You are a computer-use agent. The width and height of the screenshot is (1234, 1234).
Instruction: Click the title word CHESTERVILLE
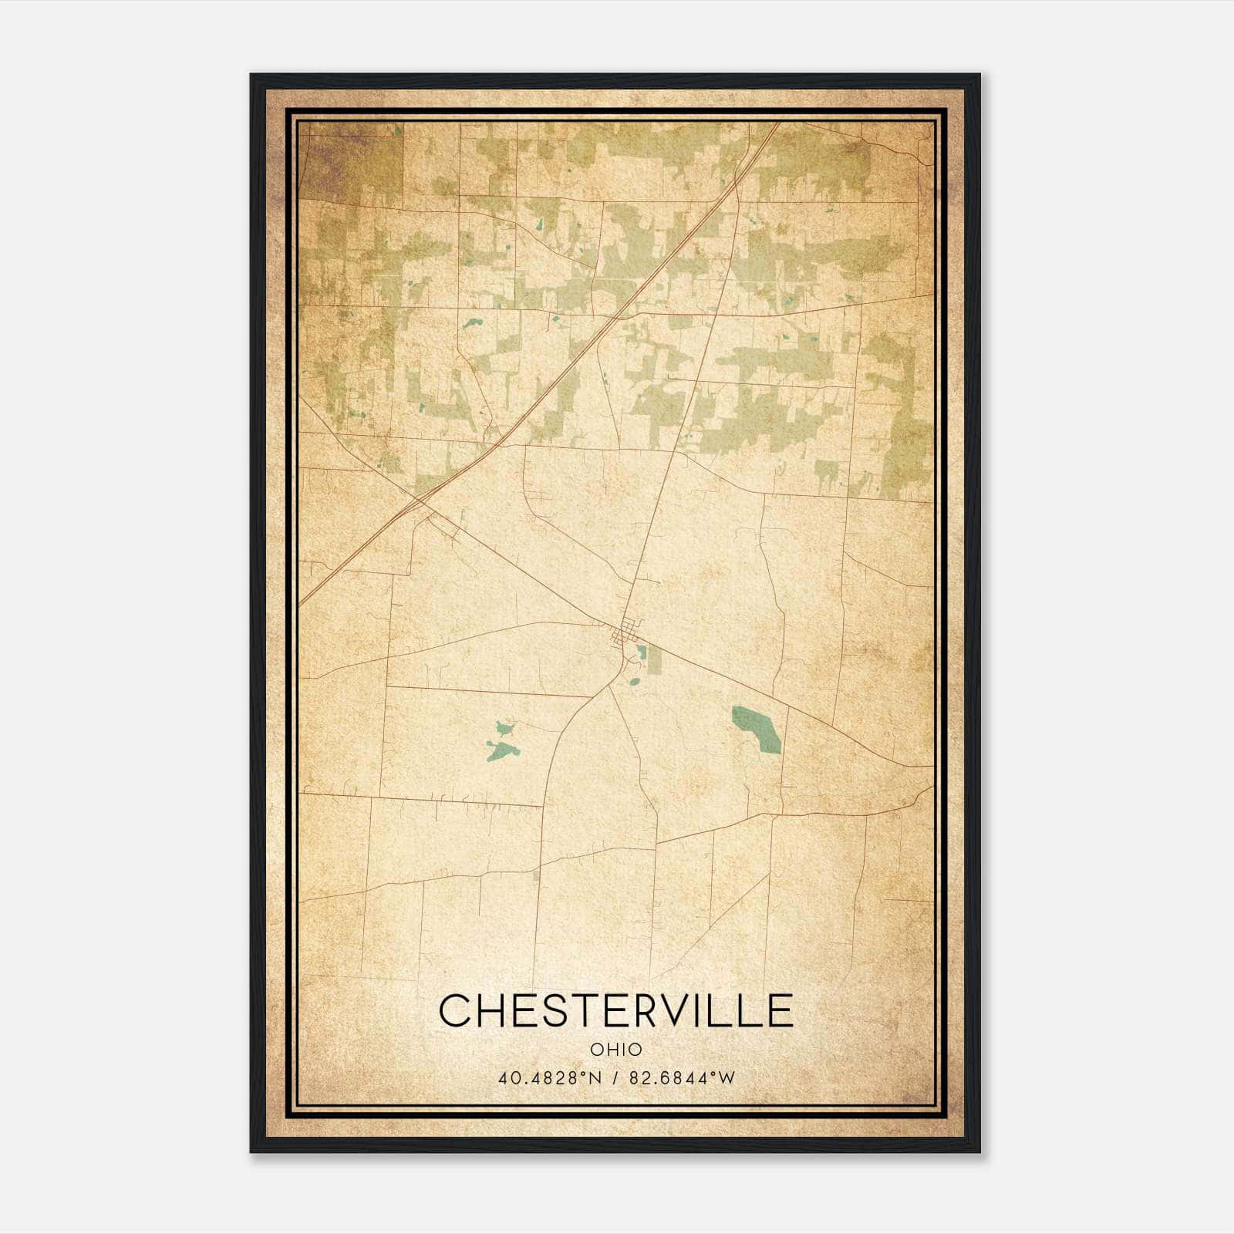coord(616,1010)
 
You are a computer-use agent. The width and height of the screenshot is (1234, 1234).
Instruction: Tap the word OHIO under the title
coord(616,1050)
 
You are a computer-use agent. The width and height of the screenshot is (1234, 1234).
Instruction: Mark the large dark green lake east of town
coord(757,728)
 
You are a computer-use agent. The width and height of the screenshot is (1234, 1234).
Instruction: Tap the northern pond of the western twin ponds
coord(504,727)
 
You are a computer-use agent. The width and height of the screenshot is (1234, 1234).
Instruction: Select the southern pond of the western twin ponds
coord(501,748)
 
